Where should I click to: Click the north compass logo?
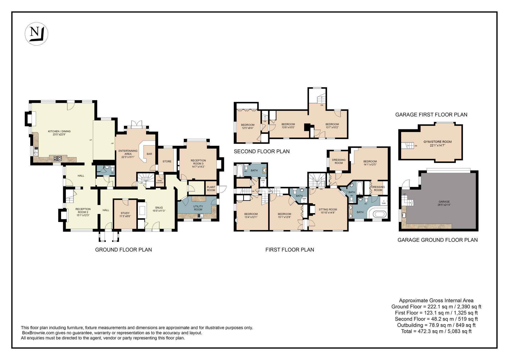36,34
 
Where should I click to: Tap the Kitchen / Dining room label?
59,131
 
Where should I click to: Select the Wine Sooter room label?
160,182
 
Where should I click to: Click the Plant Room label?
211,189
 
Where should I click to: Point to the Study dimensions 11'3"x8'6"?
125,216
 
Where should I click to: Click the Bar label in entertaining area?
149,154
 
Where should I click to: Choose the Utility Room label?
198,208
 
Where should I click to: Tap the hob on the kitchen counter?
58,158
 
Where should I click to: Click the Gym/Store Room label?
437,142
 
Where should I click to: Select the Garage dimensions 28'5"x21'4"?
444,205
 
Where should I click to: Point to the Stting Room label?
328,210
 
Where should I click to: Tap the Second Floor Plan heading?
262,151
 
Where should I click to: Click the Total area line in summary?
436,331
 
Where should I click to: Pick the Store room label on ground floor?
167,161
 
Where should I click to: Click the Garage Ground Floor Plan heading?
437,240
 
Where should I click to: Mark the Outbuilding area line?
436,325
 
